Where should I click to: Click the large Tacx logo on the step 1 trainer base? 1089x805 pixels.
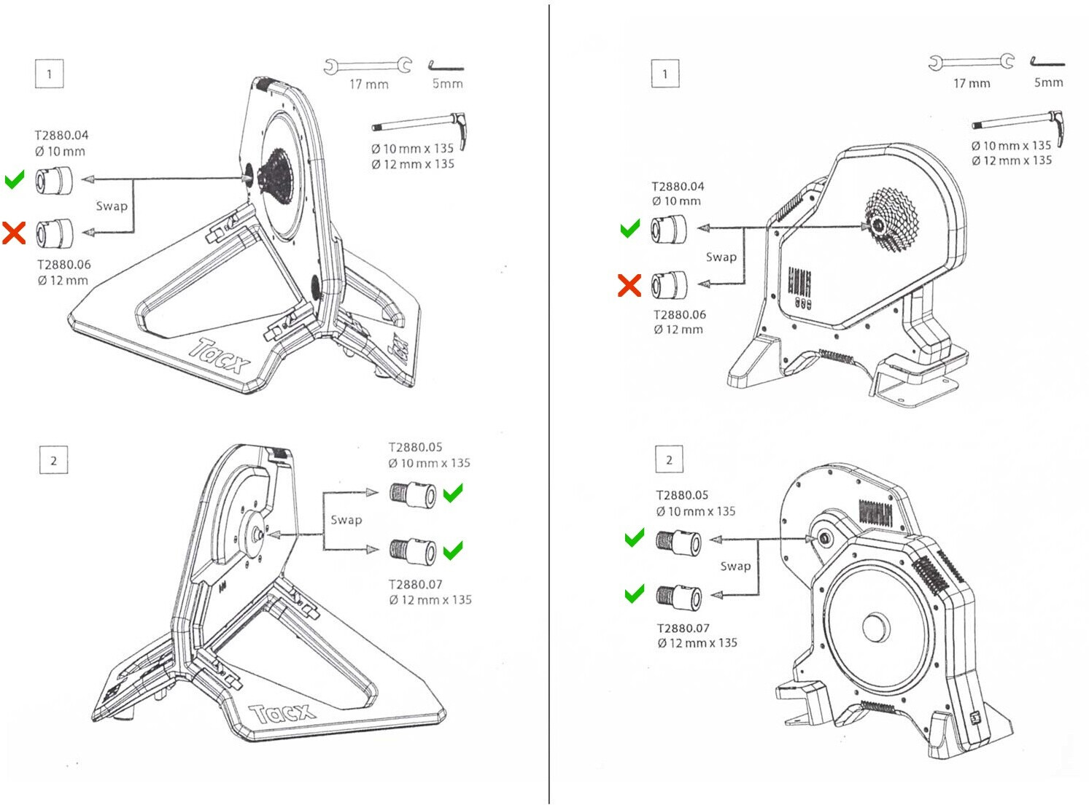tap(220, 355)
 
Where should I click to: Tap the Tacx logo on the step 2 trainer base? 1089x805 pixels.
tap(282, 713)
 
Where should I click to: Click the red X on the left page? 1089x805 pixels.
tap(14, 233)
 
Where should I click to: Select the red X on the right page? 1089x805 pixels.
tap(629, 285)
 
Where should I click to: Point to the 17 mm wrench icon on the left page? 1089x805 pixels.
tap(368, 66)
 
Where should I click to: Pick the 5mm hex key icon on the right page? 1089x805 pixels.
tap(1047, 63)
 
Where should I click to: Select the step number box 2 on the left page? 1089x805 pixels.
tap(53, 460)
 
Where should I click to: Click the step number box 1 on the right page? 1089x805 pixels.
tap(664, 74)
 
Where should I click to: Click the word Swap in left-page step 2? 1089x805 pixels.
tap(346, 520)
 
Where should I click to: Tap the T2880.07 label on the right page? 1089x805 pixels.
tap(683, 628)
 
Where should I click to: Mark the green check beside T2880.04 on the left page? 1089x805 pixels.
tap(15, 179)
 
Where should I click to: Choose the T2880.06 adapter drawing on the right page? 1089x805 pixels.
tap(669, 284)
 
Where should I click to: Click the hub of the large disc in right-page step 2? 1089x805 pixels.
tap(875, 627)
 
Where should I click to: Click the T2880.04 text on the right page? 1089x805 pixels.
tap(678, 186)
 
